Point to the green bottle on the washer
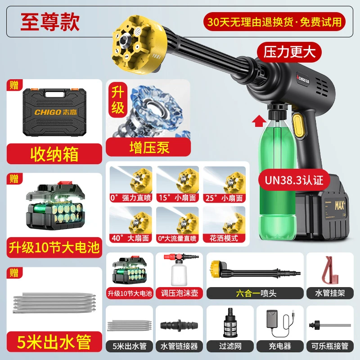[274, 175]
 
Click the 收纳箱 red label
[54, 154]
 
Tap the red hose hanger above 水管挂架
[330, 270]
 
